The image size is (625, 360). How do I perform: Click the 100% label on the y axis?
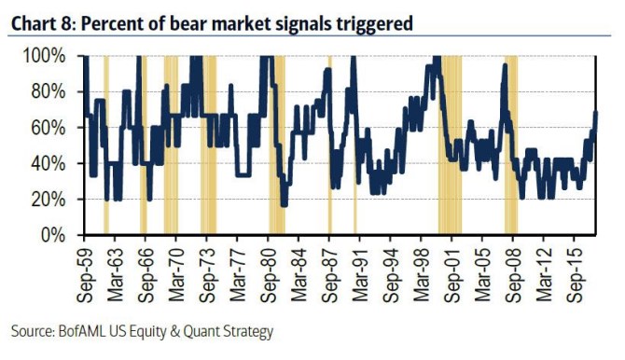click(44, 56)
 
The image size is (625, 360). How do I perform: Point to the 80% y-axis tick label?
click(49, 92)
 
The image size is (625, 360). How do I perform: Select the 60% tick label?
click(49, 128)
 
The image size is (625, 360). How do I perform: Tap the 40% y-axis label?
click(49, 163)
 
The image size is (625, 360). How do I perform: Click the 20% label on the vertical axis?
click(49, 200)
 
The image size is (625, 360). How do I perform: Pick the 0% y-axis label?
click(53, 235)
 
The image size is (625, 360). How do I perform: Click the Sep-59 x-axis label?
click(84, 275)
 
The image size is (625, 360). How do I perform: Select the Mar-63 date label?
click(115, 275)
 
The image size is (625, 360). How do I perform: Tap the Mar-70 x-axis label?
click(176, 275)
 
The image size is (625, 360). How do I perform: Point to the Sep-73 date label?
click(207, 275)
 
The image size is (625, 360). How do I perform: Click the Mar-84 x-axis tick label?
click(299, 275)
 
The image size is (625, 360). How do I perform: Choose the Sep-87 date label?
click(329, 275)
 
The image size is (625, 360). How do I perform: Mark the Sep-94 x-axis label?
click(391, 275)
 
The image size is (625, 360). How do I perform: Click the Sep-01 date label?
click(451, 275)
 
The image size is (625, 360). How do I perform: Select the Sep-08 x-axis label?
click(513, 275)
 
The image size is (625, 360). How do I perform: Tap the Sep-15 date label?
click(575, 275)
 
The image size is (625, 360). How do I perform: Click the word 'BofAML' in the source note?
click(82, 331)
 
